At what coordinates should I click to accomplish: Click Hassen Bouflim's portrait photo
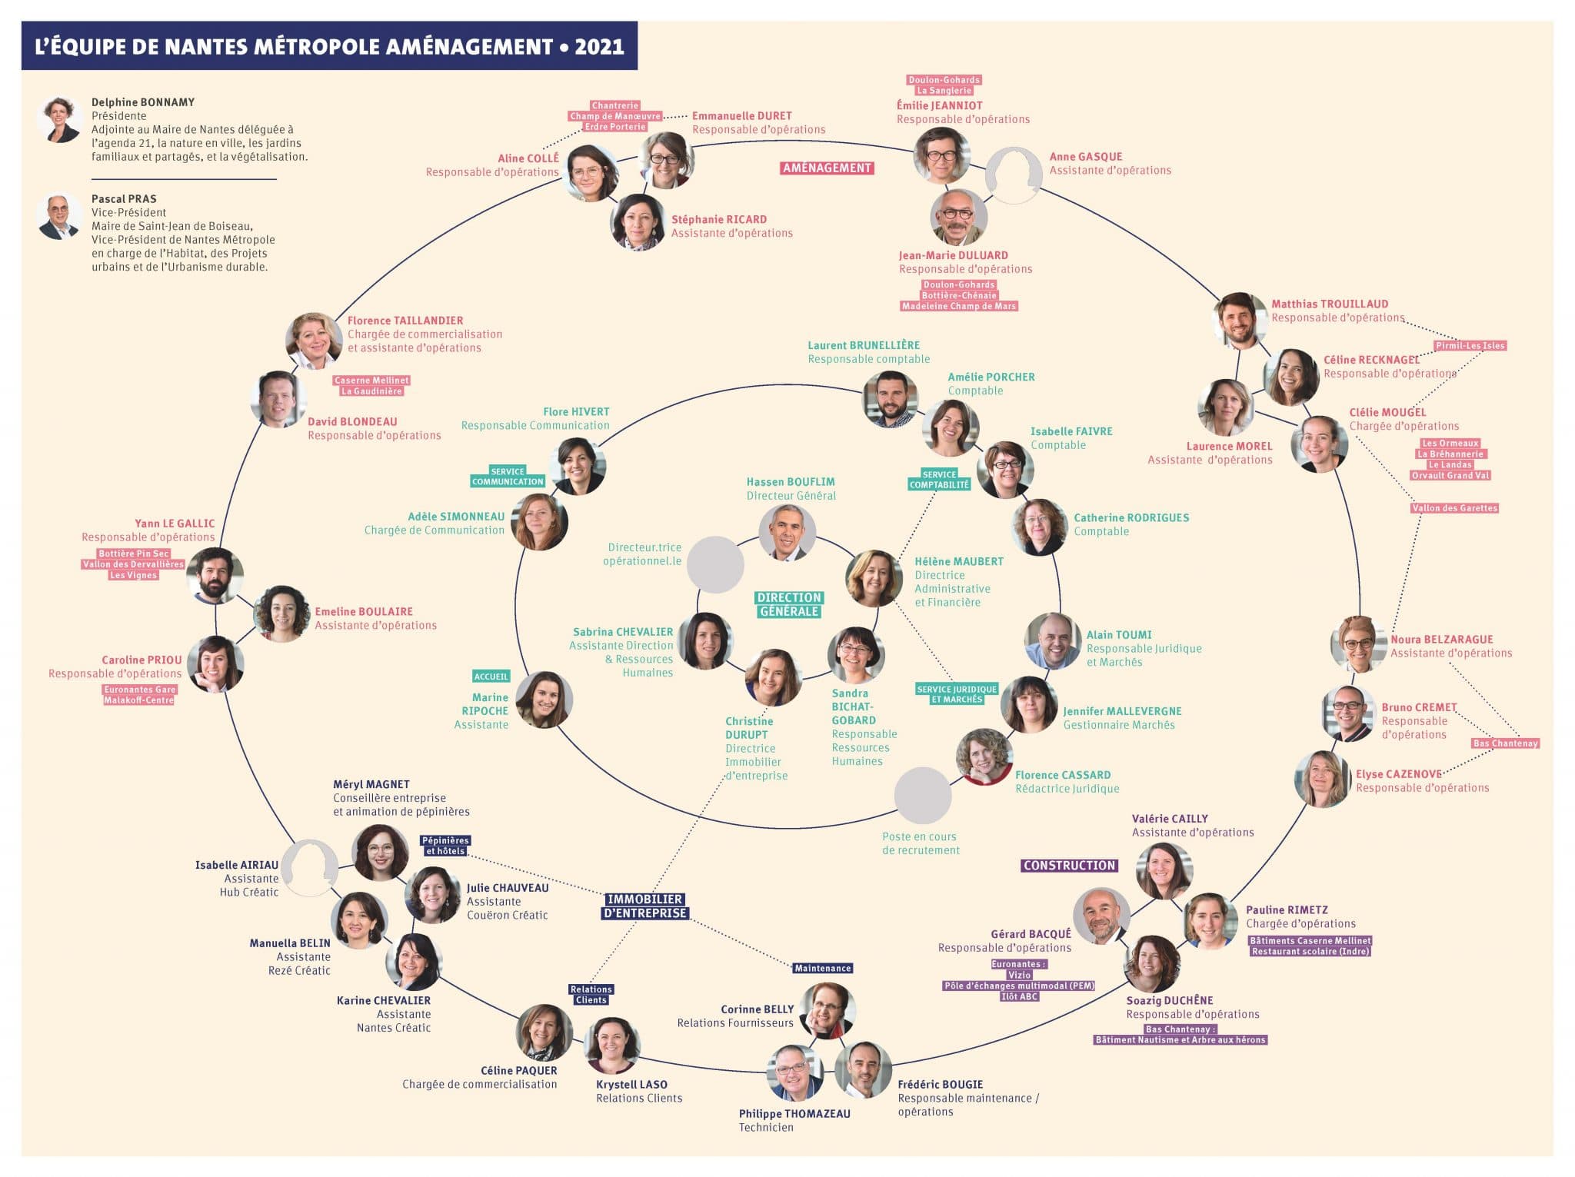(787, 533)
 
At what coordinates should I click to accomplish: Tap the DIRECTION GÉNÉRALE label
(789, 604)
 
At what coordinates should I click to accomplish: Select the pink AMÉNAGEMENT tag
(827, 168)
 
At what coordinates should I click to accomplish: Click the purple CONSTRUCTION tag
(1069, 865)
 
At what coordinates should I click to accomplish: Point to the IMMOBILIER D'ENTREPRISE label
(644, 906)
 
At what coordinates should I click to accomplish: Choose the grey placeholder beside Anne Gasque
(1014, 175)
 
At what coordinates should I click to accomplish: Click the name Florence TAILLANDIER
(405, 321)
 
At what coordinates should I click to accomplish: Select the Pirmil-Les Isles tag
(1470, 345)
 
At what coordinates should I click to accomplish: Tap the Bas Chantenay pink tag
(1505, 743)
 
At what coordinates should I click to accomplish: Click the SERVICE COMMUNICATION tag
(508, 476)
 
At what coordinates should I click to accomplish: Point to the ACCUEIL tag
(491, 676)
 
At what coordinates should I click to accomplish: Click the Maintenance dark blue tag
(822, 968)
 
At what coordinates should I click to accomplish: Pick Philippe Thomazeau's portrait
(794, 1072)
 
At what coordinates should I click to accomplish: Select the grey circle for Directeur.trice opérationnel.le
(715, 564)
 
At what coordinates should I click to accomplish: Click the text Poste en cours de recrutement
(921, 843)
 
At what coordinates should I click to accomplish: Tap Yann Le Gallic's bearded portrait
(215, 575)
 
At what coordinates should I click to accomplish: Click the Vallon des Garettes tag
(1454, 507)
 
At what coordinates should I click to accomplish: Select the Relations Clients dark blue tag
(591, 994)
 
